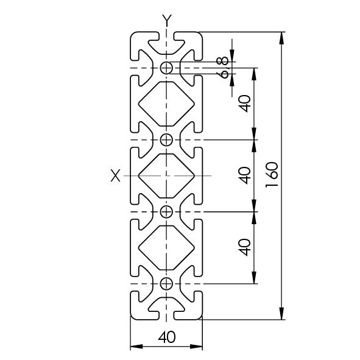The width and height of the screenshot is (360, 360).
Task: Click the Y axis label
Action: pyautogui.click(x=167, y=21)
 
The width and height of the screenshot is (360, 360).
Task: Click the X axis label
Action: pyautogui.click(x=115, y=175)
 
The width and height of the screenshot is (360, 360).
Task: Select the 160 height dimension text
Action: pyautogui.click(x=272, y=175)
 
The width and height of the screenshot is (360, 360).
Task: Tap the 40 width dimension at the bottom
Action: pyautogui.click(x=167, y=337)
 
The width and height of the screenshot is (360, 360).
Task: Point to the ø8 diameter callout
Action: pyautogui.click(x=222, y=68)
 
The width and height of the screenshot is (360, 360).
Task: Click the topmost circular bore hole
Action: pyautogui.click(x=166, y=68)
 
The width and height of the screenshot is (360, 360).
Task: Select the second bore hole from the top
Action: pyautogui.click(x=166, y=140)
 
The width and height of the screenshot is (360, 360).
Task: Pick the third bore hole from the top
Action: pyautogui.click(x=166, y=212)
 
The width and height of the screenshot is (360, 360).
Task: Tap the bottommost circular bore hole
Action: pyautogui.click(x=166, y=283)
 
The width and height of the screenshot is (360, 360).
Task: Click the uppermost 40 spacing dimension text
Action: pyautogui.click(x=244, y=104)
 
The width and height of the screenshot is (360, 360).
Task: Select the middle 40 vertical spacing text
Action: pyautogui.click(x=244, y=175)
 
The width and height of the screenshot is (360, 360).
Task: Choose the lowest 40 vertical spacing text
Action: pyautogui.click(x=244, y=247)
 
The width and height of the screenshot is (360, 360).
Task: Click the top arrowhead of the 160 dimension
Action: pyautogui.click(x=282, y=38)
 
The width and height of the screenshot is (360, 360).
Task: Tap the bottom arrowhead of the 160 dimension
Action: pyautogui.click(x=282, y=313)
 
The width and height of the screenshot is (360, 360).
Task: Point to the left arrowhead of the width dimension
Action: pyautogui.click(x=136, y=346)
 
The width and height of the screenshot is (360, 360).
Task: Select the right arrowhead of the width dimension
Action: pyautogui.click(x=196, y=346)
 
